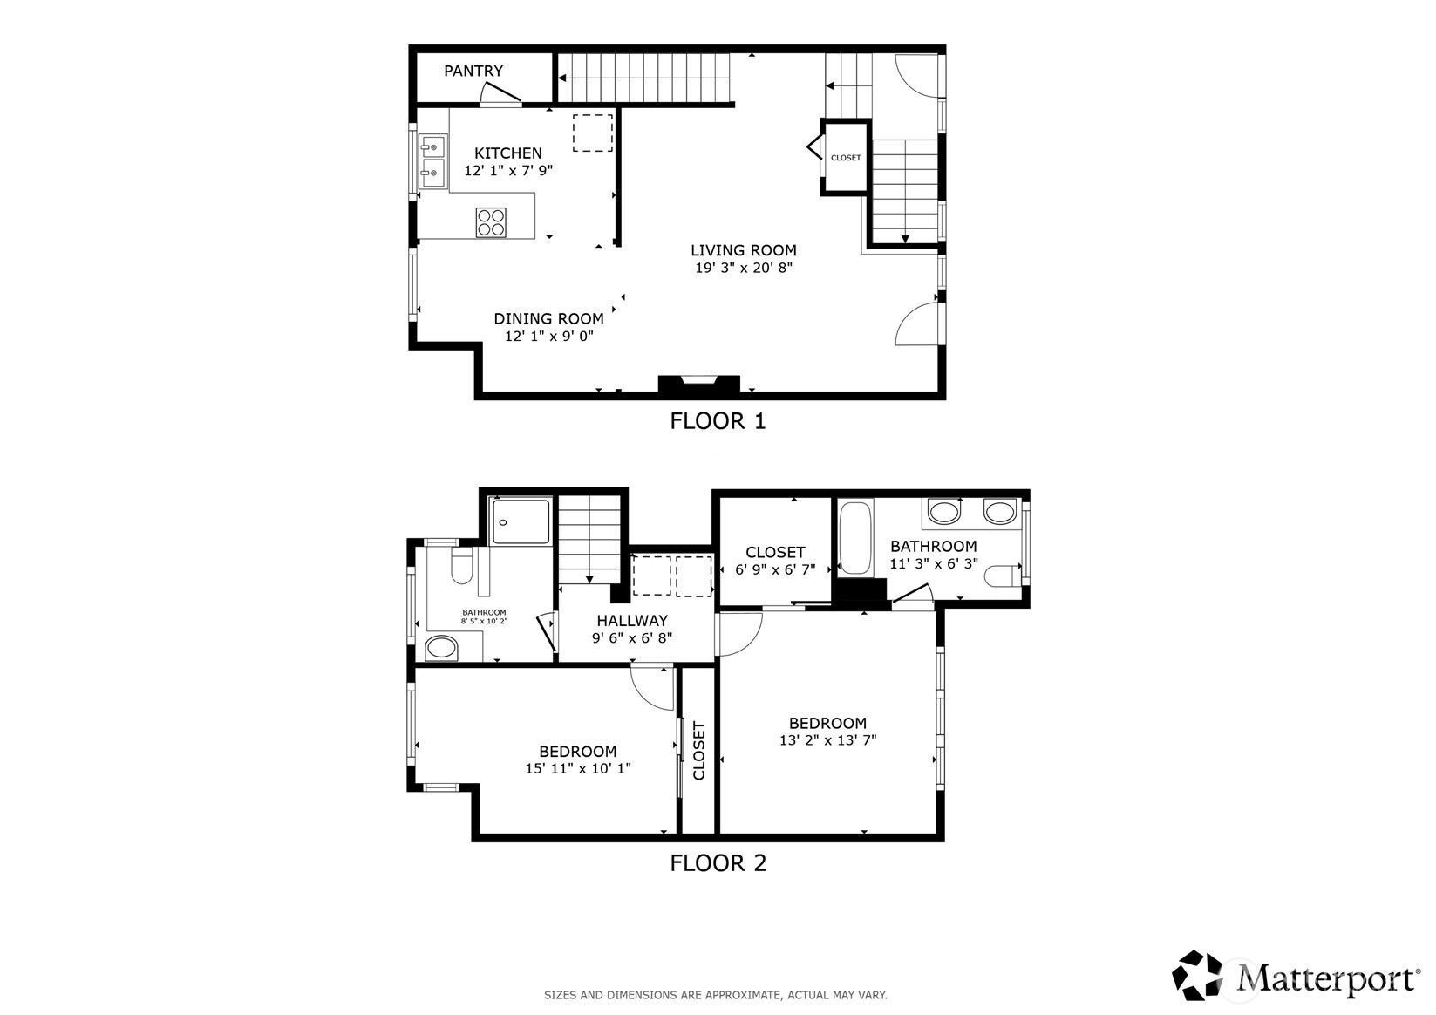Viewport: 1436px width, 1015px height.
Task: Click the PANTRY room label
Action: [x=473, y=72]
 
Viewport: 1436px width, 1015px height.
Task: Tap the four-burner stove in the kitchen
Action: [x=491, y=221]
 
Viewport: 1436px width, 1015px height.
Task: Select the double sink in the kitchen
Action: [x=432, y=162]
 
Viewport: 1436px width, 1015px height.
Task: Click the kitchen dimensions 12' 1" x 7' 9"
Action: [x=508, y=171]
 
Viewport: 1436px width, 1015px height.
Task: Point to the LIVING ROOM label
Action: [x=743, y=250]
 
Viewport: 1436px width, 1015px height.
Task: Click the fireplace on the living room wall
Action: [x=698, y=384]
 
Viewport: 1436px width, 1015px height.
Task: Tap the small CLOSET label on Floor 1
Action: [x=845, y=158]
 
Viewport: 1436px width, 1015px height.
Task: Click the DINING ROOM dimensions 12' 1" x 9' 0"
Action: [x=548, y=336]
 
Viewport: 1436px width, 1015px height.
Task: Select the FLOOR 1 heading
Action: [x=717, y=421]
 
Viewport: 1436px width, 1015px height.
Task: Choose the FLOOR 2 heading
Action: [x=718, y=863]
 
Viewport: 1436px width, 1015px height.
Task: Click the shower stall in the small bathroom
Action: [x=520, y=521]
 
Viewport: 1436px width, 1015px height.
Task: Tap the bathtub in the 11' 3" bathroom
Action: [x=855, y=537]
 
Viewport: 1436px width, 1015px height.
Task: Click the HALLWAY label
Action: [x=632, y=621]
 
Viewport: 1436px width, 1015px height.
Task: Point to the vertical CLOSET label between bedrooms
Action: [x=698, y=751]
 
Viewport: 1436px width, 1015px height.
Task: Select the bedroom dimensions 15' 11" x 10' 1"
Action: [x=577, y=768]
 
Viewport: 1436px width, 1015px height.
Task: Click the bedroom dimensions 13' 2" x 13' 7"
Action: [x=827, y=740]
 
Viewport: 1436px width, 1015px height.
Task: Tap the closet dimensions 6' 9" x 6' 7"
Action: [x=774, y=569]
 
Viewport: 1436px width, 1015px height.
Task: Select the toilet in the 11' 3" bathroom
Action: [x=1004, y=576]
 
